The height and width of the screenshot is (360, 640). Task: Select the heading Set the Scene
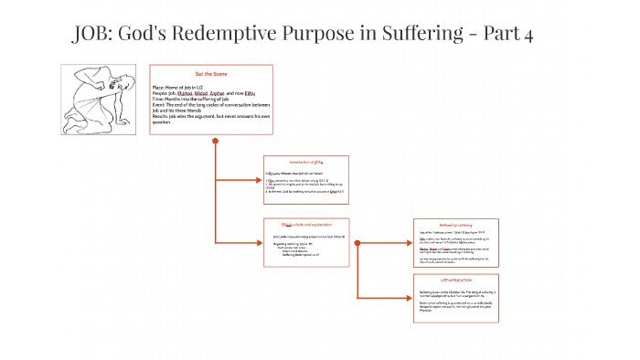211,73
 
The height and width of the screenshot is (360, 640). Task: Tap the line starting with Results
211,115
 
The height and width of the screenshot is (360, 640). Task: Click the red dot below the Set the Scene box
215,142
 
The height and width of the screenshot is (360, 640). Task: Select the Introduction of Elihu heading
306,161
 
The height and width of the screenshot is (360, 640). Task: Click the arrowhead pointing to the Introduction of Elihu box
260,179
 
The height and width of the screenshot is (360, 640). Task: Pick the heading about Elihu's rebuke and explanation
304,223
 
